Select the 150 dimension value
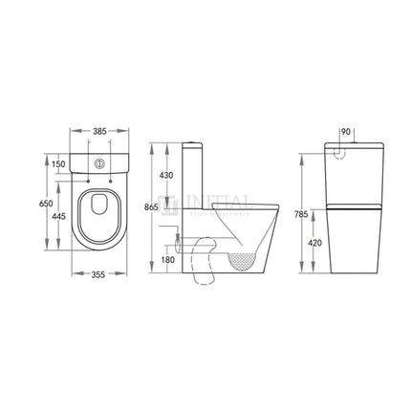click(59, 163)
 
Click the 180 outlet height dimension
click(168, 258)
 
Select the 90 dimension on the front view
click(346, 130)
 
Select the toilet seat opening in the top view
click(97, 212)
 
